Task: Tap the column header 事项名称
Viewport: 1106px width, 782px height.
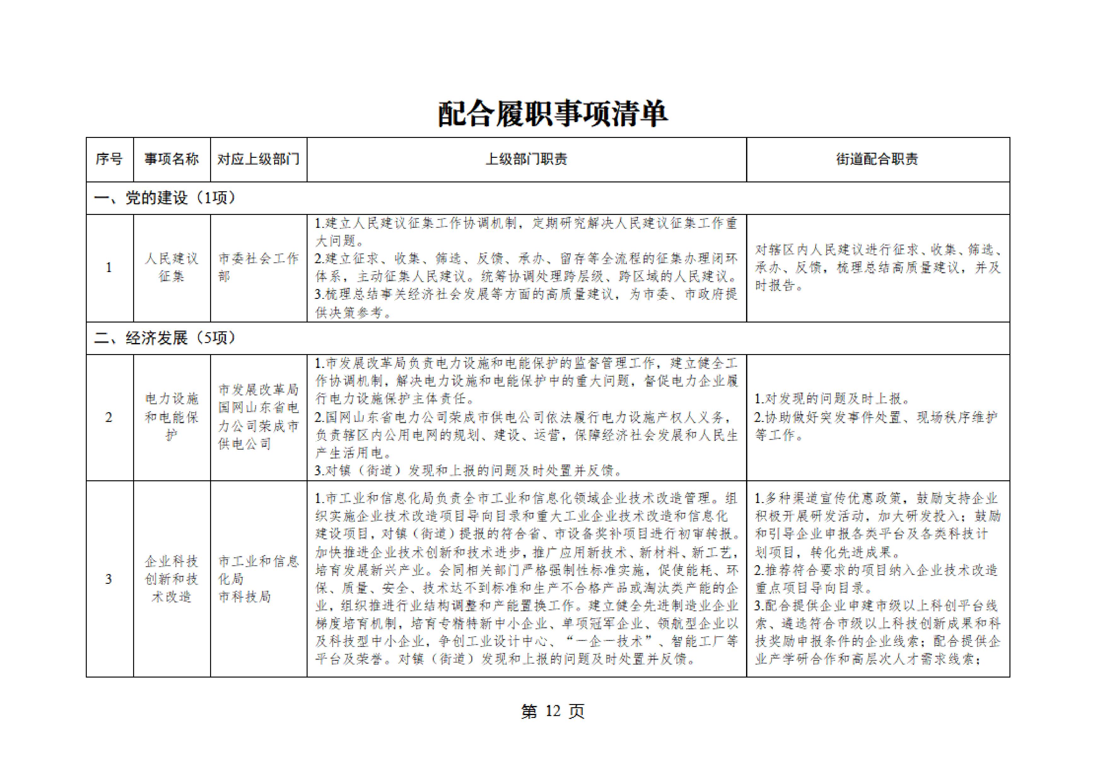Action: pyautogui.click(x=172, y=159)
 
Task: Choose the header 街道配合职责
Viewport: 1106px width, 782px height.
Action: pyautogui.click(x=877, y=159)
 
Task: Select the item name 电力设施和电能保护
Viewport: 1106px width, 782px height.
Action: pyautogui.click(x=172, y=417)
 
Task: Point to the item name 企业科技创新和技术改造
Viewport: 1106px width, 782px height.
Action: pyautogui.click(x=172, y=579)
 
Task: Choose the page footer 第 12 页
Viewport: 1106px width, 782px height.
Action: pyautogui.click(x=552, y=711)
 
